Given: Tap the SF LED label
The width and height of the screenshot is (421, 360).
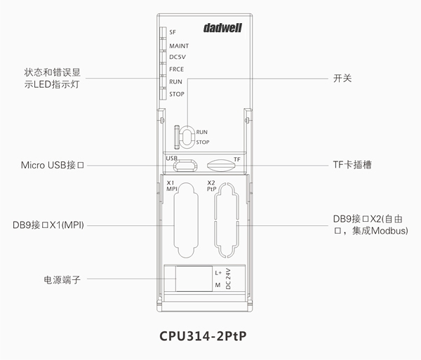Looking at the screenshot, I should [x=173, y=32].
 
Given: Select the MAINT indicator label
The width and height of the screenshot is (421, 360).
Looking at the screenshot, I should [x=179, y=46].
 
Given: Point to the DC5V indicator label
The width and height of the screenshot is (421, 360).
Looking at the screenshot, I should [x=178, y=57].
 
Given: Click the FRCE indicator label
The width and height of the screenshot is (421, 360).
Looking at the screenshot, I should [x=177, y=69].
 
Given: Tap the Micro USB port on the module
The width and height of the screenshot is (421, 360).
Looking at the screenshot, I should [x=187, y=166].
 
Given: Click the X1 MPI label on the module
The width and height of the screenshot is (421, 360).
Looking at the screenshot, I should [x=172, y=186].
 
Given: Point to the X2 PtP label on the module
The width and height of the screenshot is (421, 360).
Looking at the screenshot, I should [x=212, y=186].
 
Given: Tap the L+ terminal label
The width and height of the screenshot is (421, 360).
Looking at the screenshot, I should [x=218, y=272].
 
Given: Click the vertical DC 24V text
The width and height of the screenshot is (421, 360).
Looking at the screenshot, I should [x=228, y=279].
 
